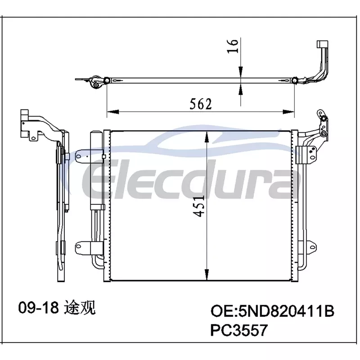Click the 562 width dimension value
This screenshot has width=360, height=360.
200,104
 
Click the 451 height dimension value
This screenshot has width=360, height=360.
198,206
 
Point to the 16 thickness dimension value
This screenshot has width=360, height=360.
232,46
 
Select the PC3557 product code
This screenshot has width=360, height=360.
239,330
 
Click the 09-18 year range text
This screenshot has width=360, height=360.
39,307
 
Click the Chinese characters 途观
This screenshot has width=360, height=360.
80,307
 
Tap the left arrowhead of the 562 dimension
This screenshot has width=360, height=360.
113,112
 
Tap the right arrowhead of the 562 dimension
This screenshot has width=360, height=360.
288,112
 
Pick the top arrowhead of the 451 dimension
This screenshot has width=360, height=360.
207,137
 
